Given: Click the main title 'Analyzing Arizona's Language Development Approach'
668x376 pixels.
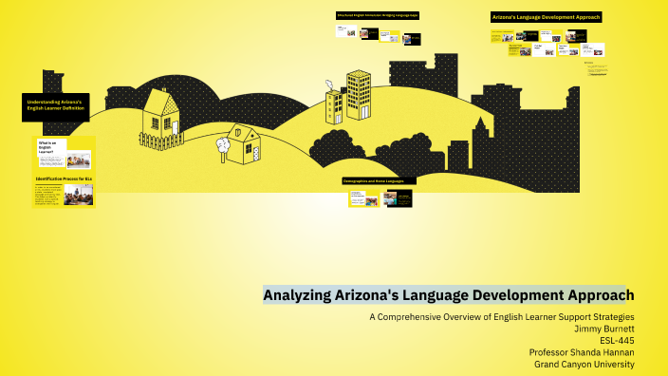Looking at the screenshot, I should coord(448,295).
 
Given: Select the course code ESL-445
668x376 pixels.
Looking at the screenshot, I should coord(617,340).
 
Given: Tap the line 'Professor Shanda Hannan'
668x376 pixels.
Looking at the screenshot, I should coord(582,352).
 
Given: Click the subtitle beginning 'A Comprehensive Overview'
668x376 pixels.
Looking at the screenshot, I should coord(501,315).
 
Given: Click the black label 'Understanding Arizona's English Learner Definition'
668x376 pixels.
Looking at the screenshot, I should coord(55,106).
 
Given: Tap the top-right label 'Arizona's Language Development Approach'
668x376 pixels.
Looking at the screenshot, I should coord(546,17).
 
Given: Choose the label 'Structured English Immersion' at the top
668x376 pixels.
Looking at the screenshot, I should coord(377,15).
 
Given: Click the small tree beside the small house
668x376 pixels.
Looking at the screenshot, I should coord(222,145).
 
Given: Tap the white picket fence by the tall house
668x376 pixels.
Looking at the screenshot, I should coord(161,142).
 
